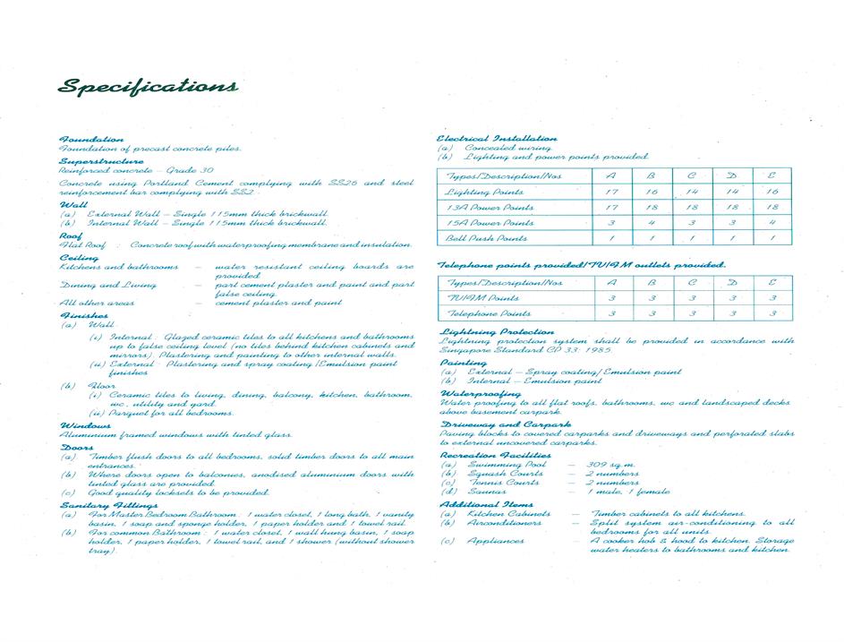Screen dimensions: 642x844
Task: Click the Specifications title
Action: click(x=148, y=87)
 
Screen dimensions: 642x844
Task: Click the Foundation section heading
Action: click(x=90, y=140)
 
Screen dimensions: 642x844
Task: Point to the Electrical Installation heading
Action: click(x=497, y=139)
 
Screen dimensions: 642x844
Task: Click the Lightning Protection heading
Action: click(x=497, y=331)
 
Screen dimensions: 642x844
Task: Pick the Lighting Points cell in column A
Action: click(x=611, y=193)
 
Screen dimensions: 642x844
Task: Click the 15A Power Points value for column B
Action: click(x=652, y=223)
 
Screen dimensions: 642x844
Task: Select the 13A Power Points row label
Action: click(x=490, y=208)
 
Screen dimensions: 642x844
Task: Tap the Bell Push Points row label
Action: click(x=487, y=238)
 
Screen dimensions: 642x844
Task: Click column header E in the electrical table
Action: click(x=772, y=176)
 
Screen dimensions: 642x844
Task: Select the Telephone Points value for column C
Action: click(x=692, y=313)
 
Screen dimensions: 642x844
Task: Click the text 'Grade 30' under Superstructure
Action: click(x=189, y=169)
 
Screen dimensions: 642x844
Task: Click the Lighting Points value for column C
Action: click(x=692, y=193)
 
